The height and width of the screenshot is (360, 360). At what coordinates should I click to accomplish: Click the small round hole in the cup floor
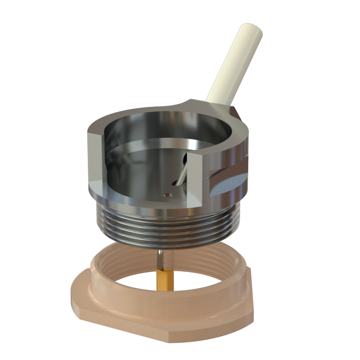167,195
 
